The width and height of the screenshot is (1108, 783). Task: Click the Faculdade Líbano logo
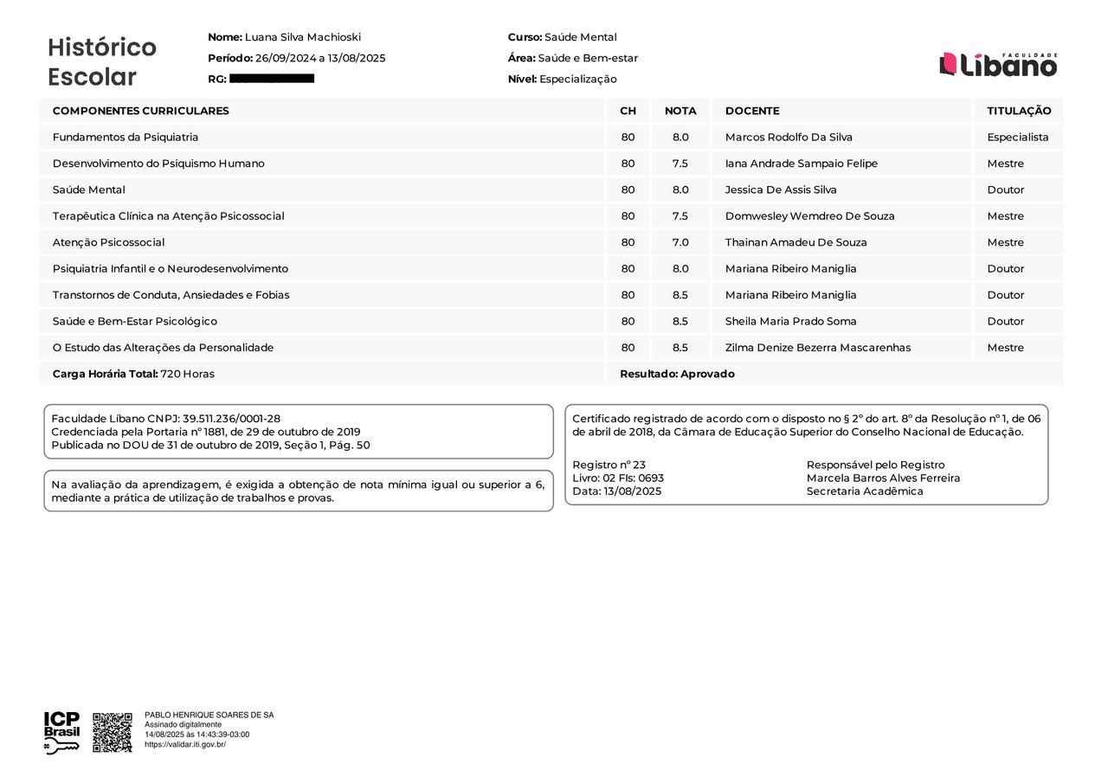(x=998, y=64)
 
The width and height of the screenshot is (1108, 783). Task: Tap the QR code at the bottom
(x=113, y=732)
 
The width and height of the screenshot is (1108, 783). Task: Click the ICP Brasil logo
(x=61, y=732)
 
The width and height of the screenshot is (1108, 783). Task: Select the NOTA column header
(x=680, y=111)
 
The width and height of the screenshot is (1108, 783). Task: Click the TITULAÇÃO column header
(x=1019, y=111)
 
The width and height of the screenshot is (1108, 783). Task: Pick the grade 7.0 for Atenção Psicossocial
(x=680, y=242)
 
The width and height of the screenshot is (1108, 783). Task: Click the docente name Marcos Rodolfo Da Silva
(x=789, y=137)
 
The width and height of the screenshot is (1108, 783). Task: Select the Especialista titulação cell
(x=1017, y=137)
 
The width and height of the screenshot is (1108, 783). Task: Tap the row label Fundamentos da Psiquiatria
(x=126, y=137)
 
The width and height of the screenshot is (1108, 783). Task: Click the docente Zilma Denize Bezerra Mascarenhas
(x=818, y=348)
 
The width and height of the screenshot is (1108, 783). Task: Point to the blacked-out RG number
(x=272, y=79)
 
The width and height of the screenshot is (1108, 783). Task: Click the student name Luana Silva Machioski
(x=303, y=37)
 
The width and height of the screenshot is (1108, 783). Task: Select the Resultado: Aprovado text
(x=677, y=374)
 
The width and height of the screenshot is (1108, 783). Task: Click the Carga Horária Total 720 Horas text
(x=133, y=374)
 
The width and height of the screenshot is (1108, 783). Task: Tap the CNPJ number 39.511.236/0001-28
(x=231, y=419)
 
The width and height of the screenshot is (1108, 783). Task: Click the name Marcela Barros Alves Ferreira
(x=883, y=478)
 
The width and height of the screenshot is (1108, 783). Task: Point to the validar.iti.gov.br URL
(x=185, y=744)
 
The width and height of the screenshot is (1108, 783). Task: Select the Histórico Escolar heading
(x=101, y=61)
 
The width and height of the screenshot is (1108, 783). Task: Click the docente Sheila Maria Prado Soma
(x=790, y=321)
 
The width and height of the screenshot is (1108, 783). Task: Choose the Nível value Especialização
(x=577, y=79)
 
